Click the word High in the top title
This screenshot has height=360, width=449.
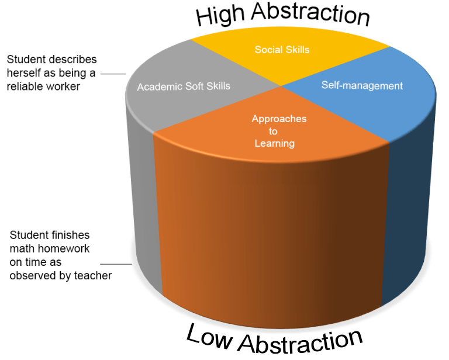(x=220, y=16)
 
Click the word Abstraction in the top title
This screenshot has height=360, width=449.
(x=310, y=14)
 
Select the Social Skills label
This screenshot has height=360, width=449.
(x=282, y=50)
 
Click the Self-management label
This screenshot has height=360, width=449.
(x=362, y=85)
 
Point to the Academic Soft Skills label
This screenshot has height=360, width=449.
(x=184, y=86)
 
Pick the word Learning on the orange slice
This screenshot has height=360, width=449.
(x=275, y=143)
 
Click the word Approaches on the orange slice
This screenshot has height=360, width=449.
(x=279, y=119)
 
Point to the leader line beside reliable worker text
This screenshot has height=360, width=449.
(x=113, y=74)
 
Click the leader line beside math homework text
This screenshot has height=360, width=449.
(x=116, y=264)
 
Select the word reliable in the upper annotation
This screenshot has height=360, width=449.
(x=23, y=86)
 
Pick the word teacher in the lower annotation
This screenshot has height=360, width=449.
(x=93, y=276)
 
